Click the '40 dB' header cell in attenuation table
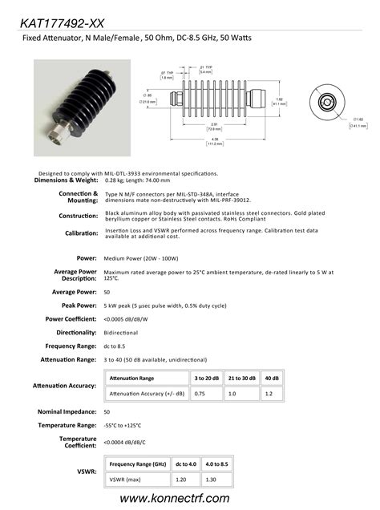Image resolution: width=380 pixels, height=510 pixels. (271, 377)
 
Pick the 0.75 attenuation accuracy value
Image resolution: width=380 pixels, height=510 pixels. (201, 394)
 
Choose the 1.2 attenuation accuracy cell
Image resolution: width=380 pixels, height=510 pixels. (271, 394)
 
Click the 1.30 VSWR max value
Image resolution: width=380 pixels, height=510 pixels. (216, 479)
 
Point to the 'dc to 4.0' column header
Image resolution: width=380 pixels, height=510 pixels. (185, 463)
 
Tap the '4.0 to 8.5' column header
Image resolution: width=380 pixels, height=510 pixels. (216, 463)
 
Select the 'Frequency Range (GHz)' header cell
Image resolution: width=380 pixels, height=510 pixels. (137, 463)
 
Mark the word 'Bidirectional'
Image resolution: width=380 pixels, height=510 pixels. (121, 332)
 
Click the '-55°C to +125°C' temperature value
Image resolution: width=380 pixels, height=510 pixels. (123, 425)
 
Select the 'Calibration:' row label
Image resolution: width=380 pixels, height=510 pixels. (81, 233)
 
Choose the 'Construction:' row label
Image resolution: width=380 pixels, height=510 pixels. (79, 217)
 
